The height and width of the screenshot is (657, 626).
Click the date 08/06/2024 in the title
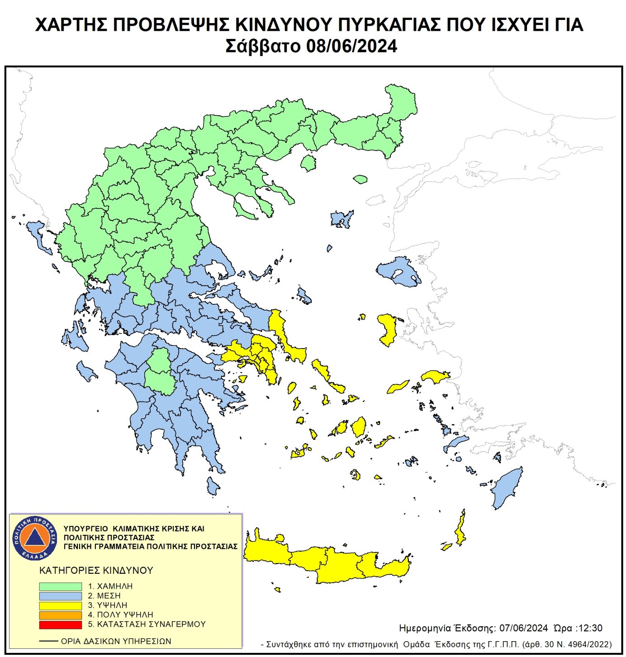351,46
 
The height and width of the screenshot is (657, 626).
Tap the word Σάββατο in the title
263,46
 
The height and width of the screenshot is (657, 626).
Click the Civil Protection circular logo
35,538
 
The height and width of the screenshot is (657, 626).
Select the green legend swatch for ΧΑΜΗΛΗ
60,586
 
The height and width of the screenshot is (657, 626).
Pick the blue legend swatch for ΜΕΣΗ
60,596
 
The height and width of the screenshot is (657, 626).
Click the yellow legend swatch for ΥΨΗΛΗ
60,605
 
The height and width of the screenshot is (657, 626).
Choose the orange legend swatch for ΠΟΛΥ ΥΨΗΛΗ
60,615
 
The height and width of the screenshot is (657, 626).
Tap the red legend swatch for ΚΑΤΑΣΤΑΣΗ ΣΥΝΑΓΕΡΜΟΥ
60,624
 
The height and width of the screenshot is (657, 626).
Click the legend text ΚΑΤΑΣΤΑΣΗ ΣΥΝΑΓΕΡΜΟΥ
151,624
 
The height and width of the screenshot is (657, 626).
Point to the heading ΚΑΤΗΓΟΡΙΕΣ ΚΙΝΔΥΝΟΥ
96,571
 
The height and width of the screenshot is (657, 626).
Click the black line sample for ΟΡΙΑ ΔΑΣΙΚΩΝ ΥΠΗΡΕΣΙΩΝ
48,641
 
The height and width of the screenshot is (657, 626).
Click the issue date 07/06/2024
523,628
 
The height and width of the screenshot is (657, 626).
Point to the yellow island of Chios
388,329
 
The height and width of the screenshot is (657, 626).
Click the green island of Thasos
308,163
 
